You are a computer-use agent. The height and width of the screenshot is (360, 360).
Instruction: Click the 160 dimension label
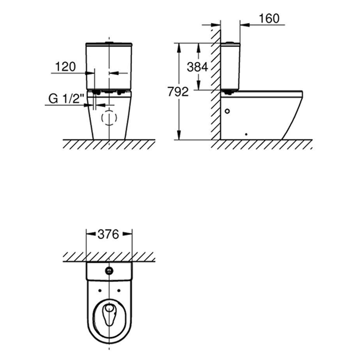pos(269,19)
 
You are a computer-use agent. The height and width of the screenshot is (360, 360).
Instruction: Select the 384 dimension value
pos(197,67)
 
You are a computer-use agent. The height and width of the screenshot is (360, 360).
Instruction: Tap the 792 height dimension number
pos(178,92)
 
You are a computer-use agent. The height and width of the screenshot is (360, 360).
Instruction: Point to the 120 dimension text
pos(65,66)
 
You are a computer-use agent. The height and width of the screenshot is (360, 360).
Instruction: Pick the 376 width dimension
pos(109,235)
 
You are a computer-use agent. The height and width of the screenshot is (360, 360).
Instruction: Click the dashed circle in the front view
pos(109,118)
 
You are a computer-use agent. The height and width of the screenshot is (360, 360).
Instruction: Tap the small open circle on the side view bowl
pos(227,112)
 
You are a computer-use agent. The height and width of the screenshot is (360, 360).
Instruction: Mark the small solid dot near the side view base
pos(246,134)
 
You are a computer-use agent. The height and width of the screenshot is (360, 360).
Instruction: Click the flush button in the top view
pos(109,271)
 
